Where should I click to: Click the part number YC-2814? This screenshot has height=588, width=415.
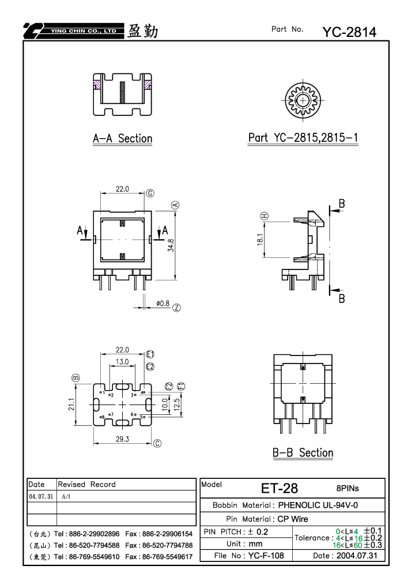point(349,32)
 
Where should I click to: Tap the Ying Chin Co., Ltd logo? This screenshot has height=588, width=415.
point(73,31)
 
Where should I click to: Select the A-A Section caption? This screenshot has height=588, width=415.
point(122,138)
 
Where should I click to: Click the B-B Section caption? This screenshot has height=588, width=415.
point(303,453)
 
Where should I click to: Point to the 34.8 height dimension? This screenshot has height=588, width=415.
point(171,245)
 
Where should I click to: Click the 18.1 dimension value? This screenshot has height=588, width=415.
point(260,239)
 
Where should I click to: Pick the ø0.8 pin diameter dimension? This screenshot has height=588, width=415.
point(163,304)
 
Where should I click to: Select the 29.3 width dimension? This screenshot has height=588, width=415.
point(122,439)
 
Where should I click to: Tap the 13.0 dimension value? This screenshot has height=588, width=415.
point(122,362)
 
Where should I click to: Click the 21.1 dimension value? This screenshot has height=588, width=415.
point(71,405)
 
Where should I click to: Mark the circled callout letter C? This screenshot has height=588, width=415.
point(157,443)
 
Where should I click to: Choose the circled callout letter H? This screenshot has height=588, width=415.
point(264,216)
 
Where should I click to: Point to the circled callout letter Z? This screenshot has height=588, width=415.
point(176,308)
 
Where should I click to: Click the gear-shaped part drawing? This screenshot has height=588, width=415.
point(303,100)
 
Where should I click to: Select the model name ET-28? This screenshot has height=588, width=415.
point(280,488)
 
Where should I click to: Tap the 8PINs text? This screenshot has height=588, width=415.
point(348,488)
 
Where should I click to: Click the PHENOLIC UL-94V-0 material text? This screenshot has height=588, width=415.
point(318,505)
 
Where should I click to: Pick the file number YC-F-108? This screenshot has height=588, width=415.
point(266,555)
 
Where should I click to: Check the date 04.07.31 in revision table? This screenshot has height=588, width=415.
point(41,496)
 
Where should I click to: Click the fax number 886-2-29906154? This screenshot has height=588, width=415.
point(167,534)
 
